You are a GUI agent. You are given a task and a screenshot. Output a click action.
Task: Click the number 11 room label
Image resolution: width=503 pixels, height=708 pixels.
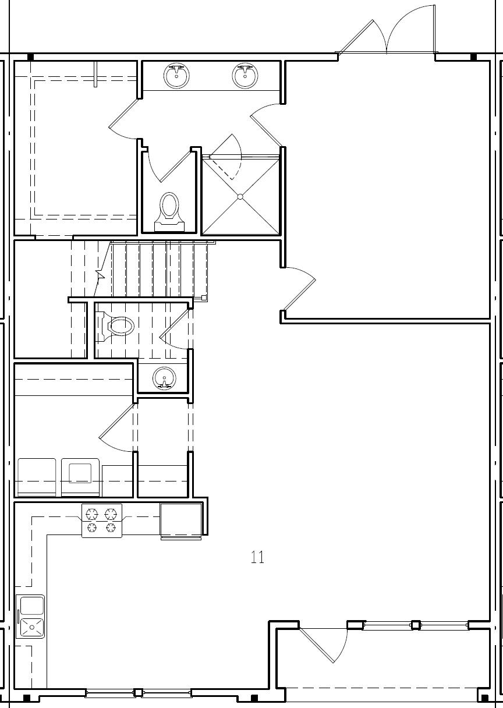[x=257, y=557]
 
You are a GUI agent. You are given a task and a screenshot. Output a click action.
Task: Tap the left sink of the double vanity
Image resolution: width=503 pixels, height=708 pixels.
[x=176, y=76]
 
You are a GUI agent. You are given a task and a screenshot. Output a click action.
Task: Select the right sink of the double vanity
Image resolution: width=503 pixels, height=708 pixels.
[x=245, y=76]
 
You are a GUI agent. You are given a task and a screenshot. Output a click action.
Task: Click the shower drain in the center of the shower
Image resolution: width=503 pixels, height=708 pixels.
[x=240, y=197]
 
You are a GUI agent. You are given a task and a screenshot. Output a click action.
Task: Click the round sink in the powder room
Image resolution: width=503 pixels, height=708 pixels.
[x=164, y=378]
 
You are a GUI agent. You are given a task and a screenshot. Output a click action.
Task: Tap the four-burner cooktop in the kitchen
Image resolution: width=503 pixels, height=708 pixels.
[x=102, y=521]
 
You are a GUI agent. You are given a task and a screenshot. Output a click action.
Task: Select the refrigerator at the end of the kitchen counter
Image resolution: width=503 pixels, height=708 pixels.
[x=181, y=519]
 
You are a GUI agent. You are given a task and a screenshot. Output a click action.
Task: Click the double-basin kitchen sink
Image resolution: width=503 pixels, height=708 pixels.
[x=31, y=616]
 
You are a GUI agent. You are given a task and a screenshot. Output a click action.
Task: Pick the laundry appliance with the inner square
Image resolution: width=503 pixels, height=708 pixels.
[x=80, y=477]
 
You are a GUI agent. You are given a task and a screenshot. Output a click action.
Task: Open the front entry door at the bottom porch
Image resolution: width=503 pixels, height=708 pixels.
[x=324, y=644]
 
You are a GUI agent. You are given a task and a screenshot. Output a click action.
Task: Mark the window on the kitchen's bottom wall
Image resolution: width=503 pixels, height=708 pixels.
[x=138, y=693]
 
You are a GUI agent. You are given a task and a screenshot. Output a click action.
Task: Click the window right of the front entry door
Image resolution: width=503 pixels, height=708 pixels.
[x=415, y=625]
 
